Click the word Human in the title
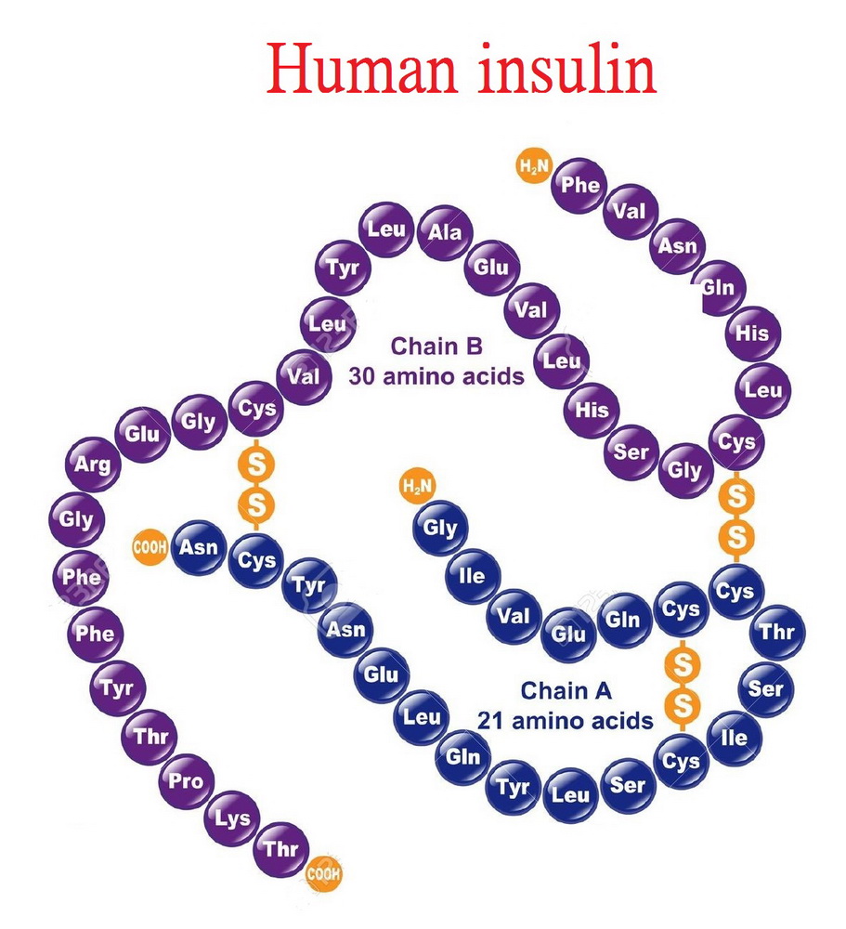(361, 70)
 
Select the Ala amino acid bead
(444, 231)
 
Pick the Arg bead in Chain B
(93, 464)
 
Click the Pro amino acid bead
(186, 781)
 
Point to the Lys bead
(231, 818)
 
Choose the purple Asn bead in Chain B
(677, 245)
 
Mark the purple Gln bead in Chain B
(719, 288)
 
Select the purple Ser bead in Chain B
(631, 452)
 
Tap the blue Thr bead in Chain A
(777, 632)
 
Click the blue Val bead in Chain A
(513, 616)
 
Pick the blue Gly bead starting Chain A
(440, 528)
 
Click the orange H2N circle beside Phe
(534, 166)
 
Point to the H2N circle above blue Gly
(418, 487)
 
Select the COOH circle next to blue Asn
(150, 546)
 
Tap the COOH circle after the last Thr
(323, 873)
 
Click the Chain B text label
(436, 346)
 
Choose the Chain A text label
(566, 691)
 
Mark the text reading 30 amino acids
(436, 376)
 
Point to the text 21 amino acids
(566, 721)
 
